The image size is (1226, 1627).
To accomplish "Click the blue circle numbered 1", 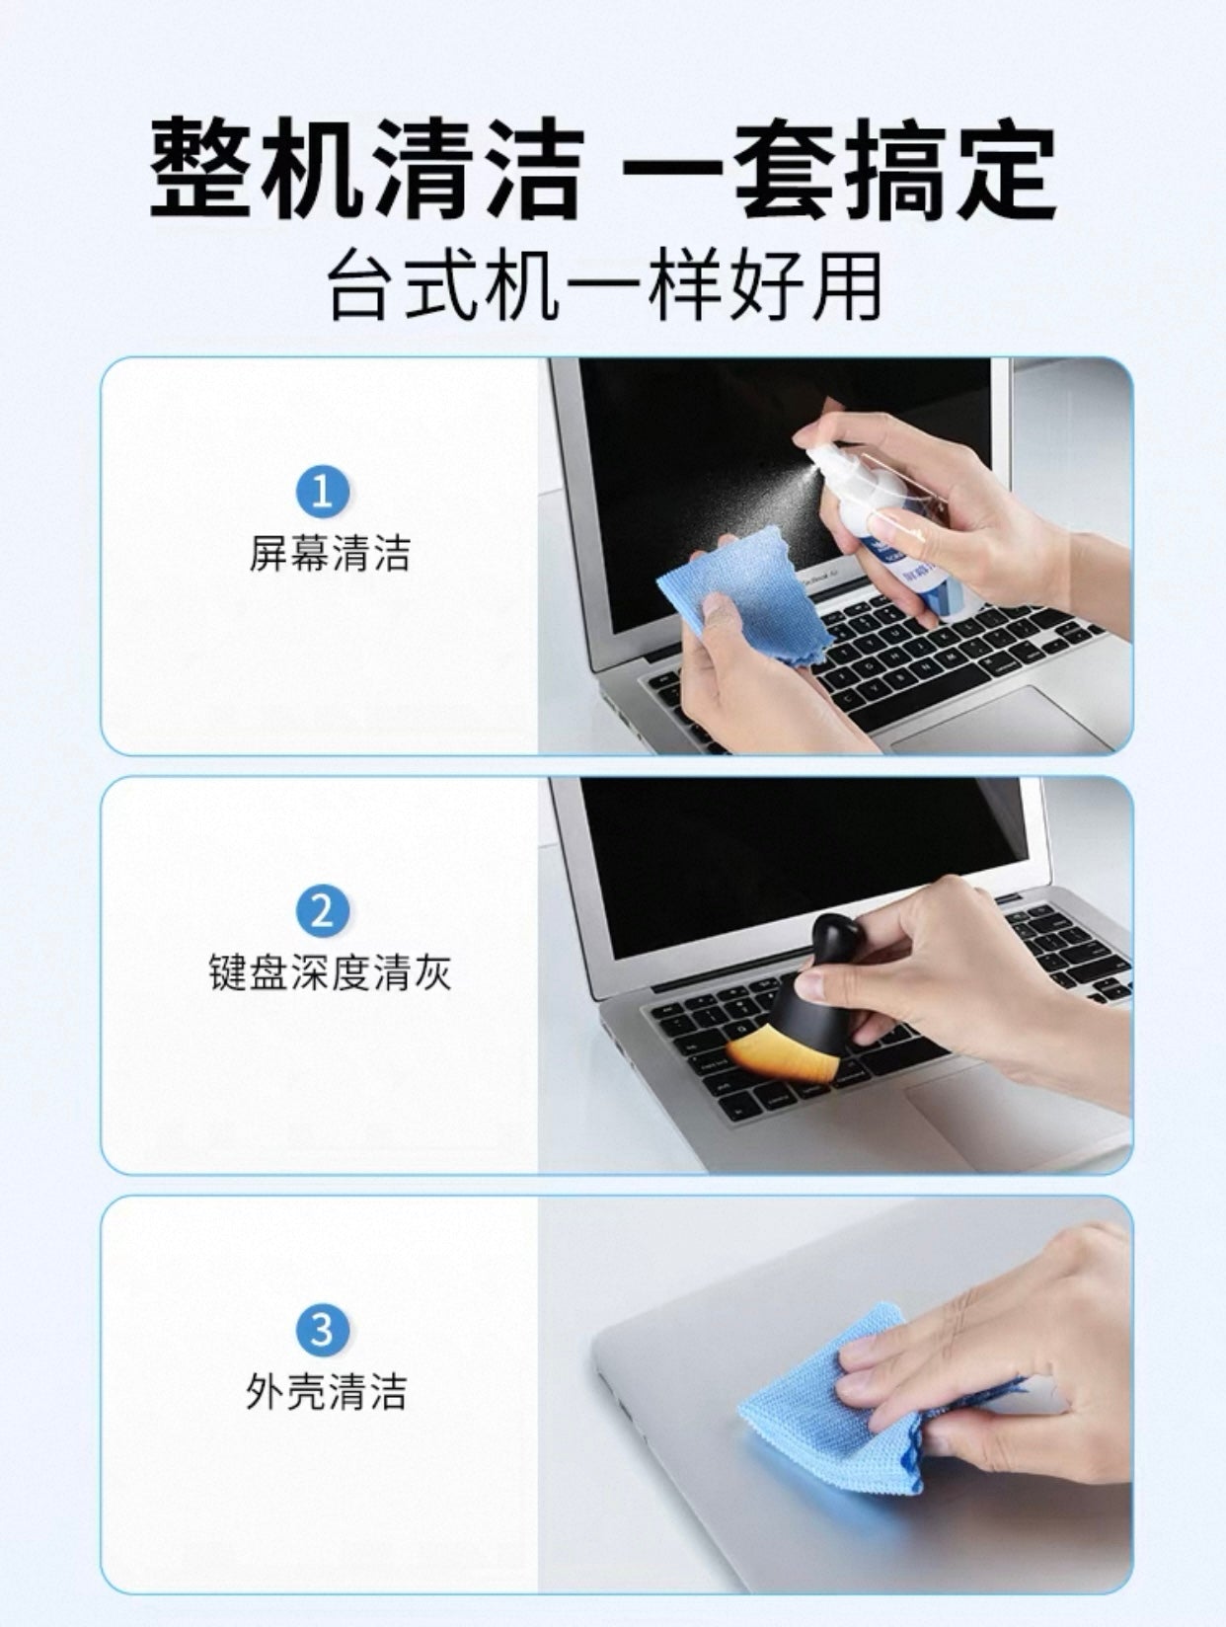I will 323,491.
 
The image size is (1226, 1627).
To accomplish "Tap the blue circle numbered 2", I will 323,910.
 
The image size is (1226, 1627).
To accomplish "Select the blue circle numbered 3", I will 323,1330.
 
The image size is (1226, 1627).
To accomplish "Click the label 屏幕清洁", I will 329,553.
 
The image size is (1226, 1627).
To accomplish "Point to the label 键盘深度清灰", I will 329,972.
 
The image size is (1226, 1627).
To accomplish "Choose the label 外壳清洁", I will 326,1392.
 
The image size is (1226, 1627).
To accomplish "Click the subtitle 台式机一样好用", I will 604,287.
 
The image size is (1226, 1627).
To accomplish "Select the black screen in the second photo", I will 790,859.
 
